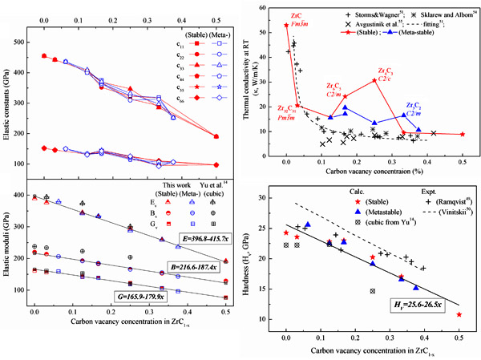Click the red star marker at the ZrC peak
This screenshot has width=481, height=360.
point(286,26)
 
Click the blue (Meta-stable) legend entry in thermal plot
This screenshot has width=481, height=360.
point(400,36)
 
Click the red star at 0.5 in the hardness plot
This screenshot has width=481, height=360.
point(459,314)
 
